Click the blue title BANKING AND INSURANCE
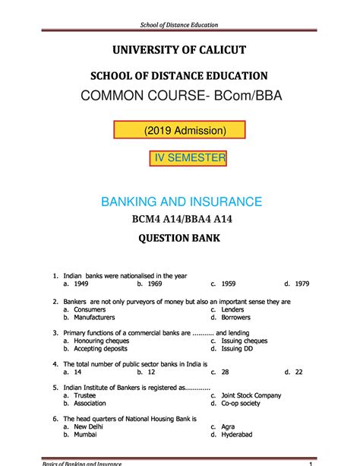(x=182, y=201)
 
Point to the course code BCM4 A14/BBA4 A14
(x=180, y=220)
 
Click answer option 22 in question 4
(x=298, y=372)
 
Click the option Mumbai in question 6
(x=86, y=436)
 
